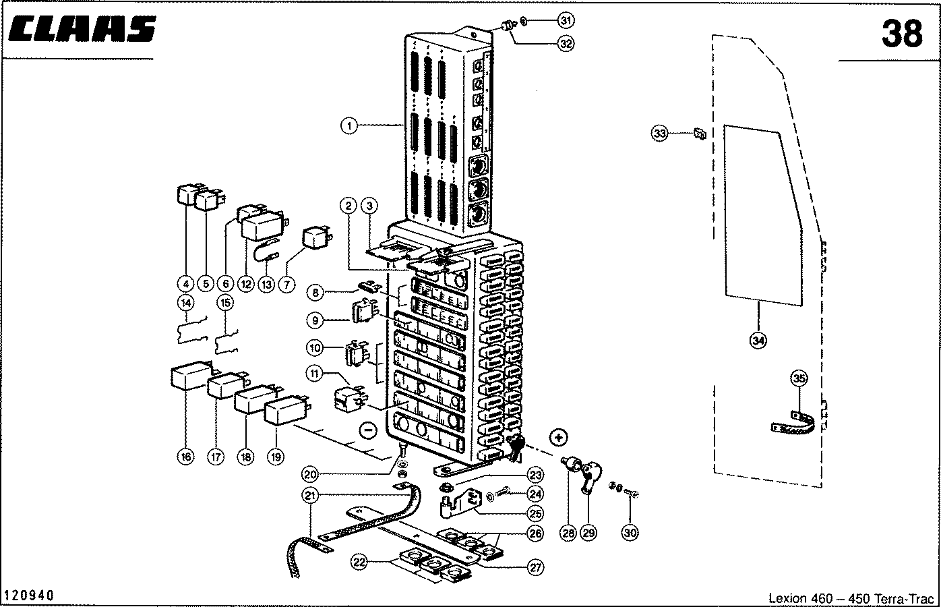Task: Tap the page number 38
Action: [x=902, y=33]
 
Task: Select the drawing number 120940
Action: [x=29, y=596]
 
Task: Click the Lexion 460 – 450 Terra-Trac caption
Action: [x=851, y=598]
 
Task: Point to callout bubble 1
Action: [x=348, y=124]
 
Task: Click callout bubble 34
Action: [x=758, y=341]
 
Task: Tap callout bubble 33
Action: [x=660, y=134]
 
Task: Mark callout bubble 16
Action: [x=185, y=457]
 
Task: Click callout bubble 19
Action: [x=275, y=457]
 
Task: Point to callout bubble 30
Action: [x=630, y=533]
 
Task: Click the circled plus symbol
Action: [x=558, y=437]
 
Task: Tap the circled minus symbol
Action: [x=367, y=428]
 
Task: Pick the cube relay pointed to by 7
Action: [x=314, y=237]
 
